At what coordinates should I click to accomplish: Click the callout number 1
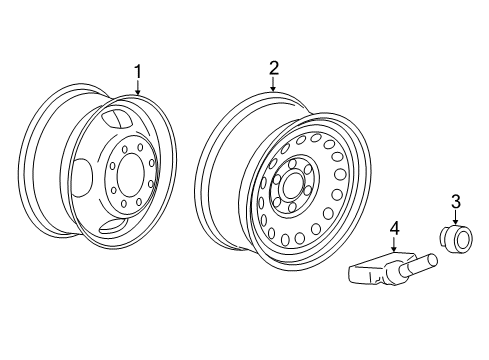(x=138, y=72)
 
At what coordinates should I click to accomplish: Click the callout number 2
(x=274, y=68)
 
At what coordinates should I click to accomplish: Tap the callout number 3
(x=456, y=202)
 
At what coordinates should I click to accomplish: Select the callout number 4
(x=394, y=229)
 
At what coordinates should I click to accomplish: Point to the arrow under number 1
(x=138, y=87)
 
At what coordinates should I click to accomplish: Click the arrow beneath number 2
(x=273, y=84)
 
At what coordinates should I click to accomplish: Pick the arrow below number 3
(x=456, y=217)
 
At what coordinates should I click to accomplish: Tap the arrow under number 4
(x=394, y=244)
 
